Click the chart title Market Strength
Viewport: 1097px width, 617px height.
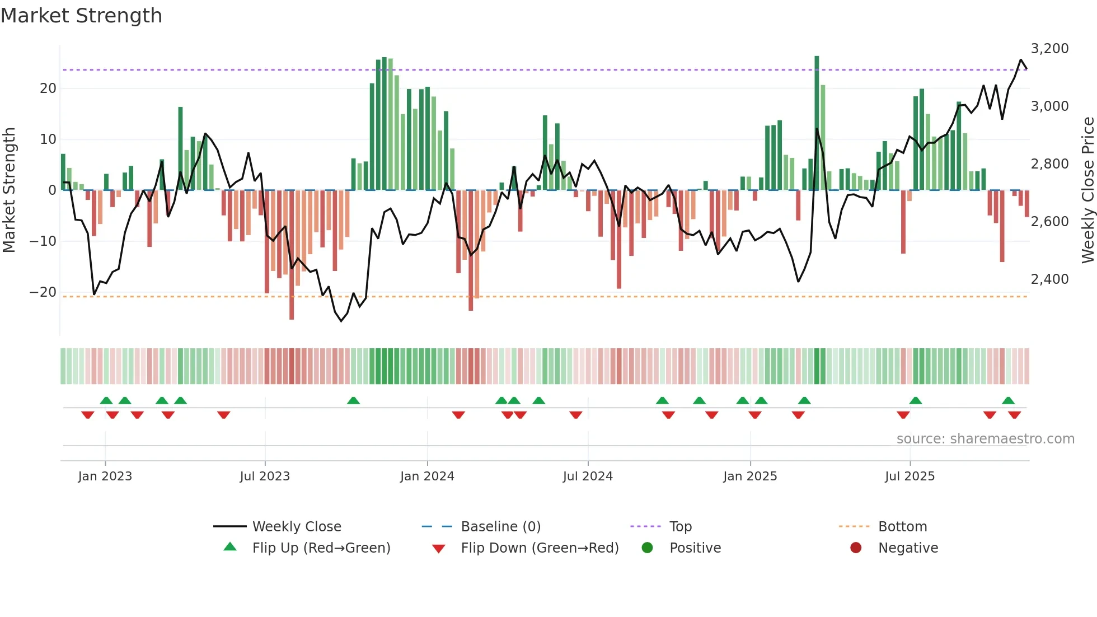coord(81,16)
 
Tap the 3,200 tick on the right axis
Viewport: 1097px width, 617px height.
coord(1049,49)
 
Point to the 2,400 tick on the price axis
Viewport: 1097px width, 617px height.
coord(1049,279)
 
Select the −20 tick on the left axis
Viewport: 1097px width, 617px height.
coord(43,292)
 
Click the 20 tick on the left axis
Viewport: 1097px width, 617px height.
coord(48,88)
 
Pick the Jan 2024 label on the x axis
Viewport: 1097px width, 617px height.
coord(427,476)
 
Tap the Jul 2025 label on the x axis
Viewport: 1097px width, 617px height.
coord(910,476)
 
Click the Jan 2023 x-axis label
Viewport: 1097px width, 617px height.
coord(105,476)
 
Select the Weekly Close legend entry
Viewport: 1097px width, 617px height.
coord(296,526)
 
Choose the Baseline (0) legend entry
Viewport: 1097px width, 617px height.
coord(500,526)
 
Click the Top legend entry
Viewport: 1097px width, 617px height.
coord(680,526)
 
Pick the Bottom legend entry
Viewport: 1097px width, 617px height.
coord(902,526)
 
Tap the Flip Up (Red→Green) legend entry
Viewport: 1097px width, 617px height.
coord(321,548)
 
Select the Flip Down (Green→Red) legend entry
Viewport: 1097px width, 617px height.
coord(540,548)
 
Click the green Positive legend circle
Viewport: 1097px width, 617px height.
coord(648,548)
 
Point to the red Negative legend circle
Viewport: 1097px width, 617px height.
coord(856,548)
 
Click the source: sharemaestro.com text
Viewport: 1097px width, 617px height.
coord(985,438)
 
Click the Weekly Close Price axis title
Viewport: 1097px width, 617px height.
coord(1087,190)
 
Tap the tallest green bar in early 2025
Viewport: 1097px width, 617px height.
coord(817,123)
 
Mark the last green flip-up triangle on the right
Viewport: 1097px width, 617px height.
coord(1008,401)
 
